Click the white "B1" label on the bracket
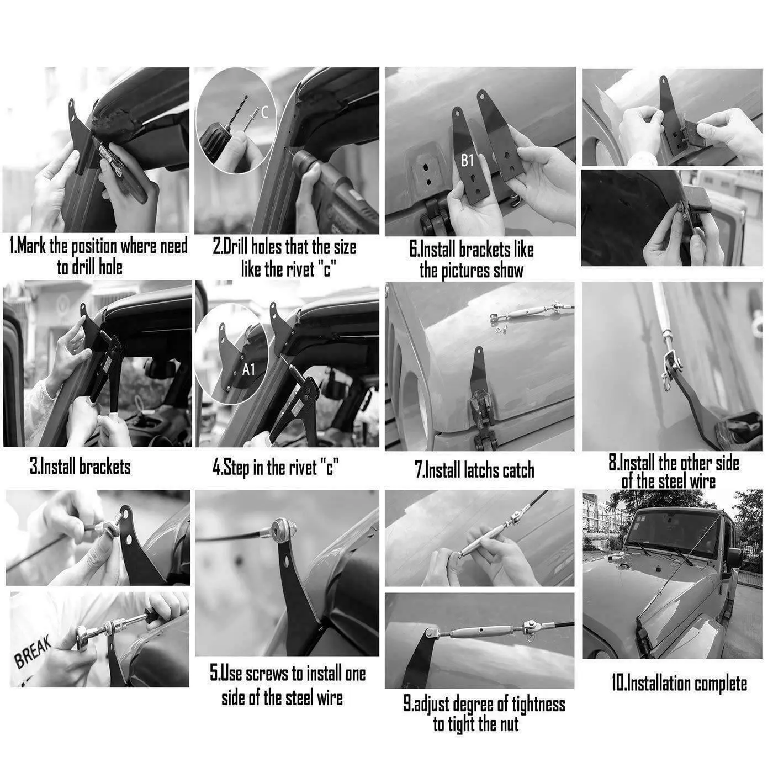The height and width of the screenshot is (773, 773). (467, 161)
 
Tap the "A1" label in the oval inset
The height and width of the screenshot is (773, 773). (248, 369)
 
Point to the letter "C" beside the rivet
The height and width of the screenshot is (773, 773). (265, 113)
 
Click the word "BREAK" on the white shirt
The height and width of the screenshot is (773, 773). (33, 652)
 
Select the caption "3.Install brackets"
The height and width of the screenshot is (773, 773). (80, 467)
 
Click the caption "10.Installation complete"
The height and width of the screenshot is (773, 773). (679, 683)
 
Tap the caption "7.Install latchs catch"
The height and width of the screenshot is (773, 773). (474, 470)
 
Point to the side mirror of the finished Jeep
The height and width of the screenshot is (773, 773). (734, 558)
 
